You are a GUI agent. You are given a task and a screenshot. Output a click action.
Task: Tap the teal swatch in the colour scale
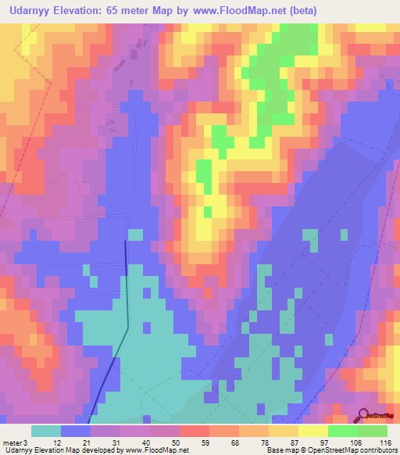pyautogui.click(x=46, y=432)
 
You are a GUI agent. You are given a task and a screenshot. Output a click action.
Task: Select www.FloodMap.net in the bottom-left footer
pyautogui.click(x=155, y=450)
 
